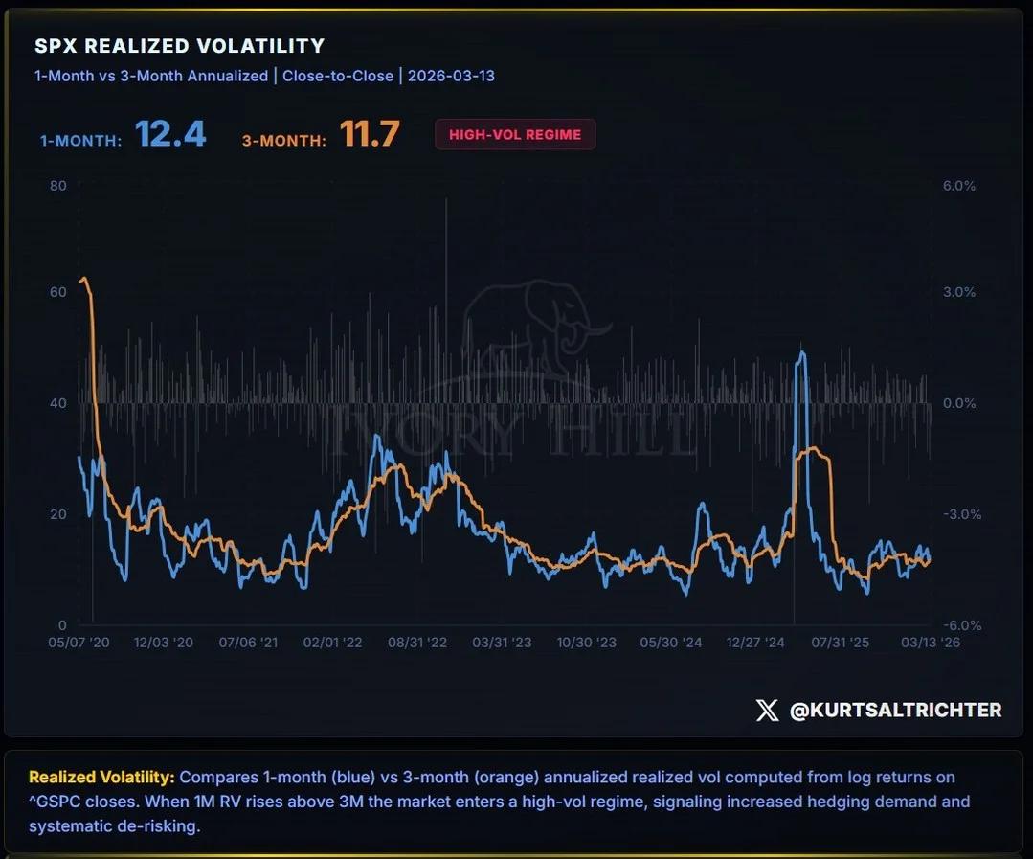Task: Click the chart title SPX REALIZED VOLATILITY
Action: (180, 46)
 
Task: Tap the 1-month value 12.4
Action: (170, 134)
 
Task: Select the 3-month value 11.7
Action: (370, 134)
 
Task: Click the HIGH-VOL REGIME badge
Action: (515, 135)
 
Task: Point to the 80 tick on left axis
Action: (58, 185)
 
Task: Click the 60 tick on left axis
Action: (58, 292)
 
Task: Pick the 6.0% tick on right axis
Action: (959, 185)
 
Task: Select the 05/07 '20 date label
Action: (79, 643)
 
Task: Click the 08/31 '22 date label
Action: (416, 643)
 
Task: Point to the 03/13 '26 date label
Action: (929, 643)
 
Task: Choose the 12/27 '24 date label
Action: (755, 643)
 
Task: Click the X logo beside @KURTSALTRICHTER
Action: (767, 710)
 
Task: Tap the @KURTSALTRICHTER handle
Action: (895, 710)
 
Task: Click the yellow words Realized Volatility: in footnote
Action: (101, 777)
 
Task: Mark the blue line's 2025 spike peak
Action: (801, 352)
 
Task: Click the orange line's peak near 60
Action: (83, 278)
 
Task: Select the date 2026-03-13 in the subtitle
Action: (451, 76)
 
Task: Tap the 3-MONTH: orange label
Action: (284, 140)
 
